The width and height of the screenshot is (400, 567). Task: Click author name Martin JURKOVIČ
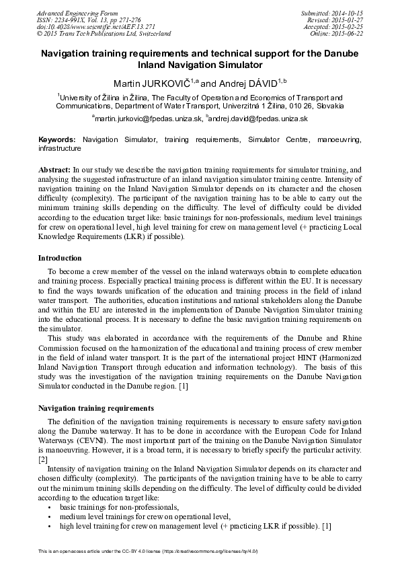[x=148, y=84]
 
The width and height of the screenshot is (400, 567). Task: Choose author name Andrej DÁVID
[x=239, y=84]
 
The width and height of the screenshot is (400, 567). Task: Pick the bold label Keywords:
[x=57, y=139]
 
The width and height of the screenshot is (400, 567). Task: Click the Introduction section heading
[x=60, y=258]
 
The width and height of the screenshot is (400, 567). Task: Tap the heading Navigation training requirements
[x=96, y=408]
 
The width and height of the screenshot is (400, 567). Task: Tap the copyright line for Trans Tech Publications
[x=104, y=33]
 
